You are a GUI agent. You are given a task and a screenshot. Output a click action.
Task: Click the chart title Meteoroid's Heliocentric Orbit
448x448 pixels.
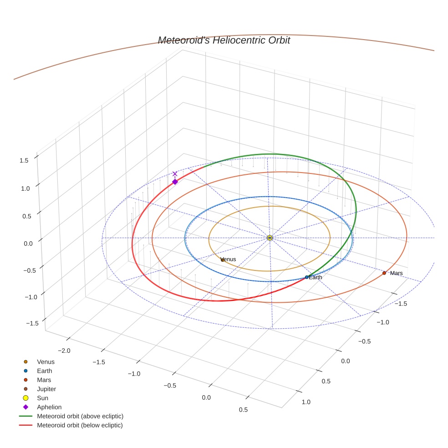(x=224, y=41)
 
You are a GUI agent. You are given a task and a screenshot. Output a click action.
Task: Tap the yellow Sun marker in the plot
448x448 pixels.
(x=270, y=238)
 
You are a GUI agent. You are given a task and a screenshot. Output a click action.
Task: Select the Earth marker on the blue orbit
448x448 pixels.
(x=306, y=277)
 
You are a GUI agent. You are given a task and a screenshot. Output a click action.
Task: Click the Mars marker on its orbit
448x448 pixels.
(x=384, y=273)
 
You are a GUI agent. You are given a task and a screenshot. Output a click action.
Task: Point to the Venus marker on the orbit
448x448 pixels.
(x=222, y=260)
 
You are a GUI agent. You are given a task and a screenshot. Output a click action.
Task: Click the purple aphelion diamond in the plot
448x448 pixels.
(x=175, y=182)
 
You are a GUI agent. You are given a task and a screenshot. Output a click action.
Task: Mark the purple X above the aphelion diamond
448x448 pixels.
(x=175, y=174)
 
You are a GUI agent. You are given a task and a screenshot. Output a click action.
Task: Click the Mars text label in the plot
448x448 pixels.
(x=396, y=273)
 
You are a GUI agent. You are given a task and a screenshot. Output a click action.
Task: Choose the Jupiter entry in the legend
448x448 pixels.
(x=46, y=389)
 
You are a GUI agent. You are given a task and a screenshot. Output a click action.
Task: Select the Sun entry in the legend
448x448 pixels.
(x=42, y=398)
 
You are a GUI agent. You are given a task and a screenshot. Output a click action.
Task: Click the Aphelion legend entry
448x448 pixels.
(x=49, y=407)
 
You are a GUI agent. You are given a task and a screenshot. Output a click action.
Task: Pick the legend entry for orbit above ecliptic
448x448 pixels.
(x=80, y=416)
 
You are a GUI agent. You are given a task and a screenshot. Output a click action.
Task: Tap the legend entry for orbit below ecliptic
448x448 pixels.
(x=80, y=425)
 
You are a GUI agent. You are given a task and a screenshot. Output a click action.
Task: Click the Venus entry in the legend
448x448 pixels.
(x=46, y=361)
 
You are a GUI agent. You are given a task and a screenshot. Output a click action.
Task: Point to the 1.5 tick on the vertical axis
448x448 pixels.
(x=24, y=160)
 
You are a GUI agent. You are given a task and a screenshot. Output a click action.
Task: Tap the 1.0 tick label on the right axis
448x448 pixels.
(x=306, y=402)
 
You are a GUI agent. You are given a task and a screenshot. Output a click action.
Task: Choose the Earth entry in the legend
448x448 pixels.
(x=44, y=371)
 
